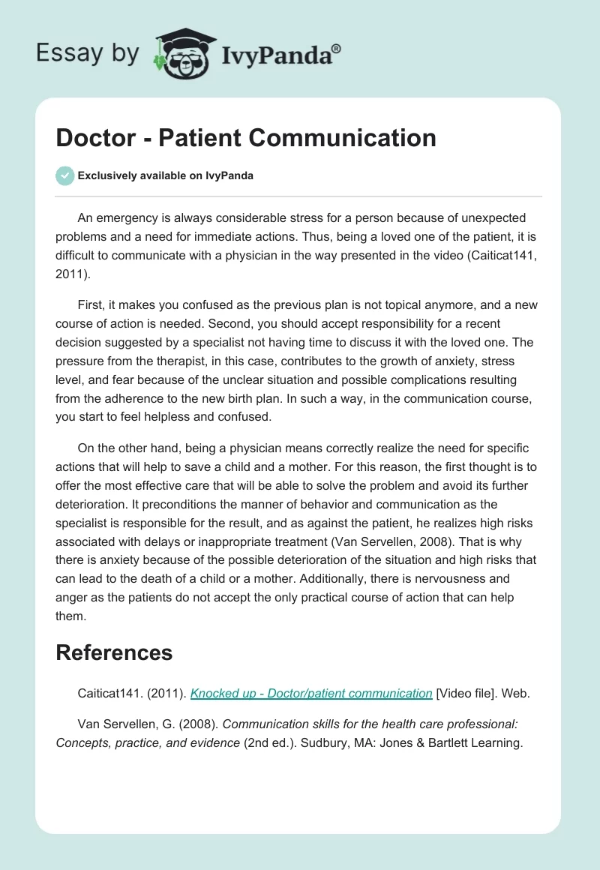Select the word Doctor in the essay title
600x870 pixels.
click(96, 137)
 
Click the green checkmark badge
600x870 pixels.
click(64, 175)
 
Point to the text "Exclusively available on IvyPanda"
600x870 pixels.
click(165, 176)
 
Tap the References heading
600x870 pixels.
click(114, 652)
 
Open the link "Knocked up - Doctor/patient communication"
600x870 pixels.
click(311, 693)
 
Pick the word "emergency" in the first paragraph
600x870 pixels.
click(129, 219)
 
